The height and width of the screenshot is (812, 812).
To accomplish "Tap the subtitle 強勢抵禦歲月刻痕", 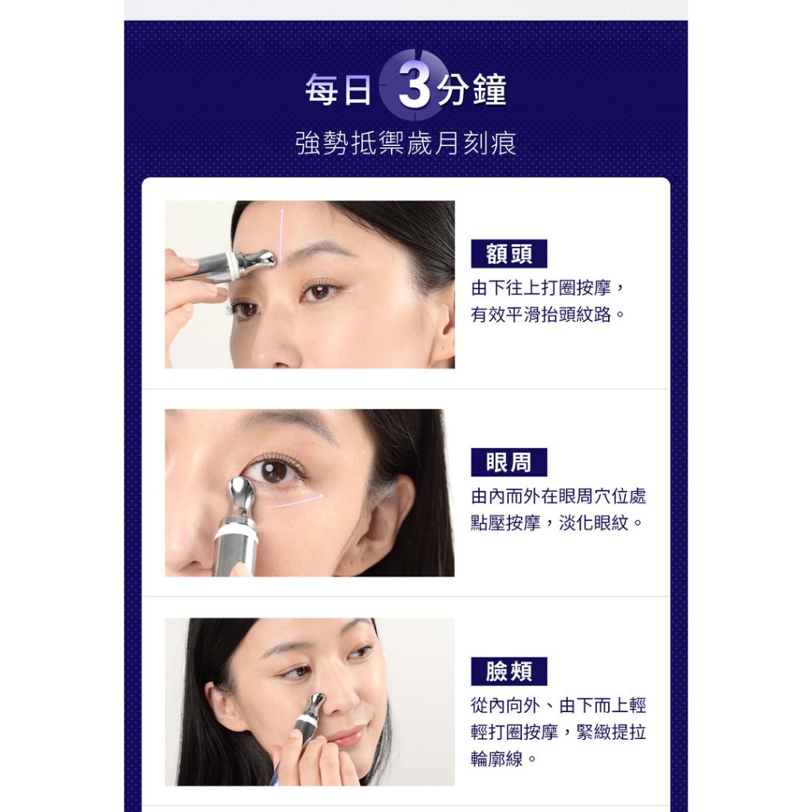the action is coord(405,143).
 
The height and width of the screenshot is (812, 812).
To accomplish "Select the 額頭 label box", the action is coord(508,254).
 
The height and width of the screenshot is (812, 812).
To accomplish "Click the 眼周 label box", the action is coord(508,462).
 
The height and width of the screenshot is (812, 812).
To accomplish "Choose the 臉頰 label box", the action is coord(508,671).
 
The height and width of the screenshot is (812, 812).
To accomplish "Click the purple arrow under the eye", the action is coord(296,501).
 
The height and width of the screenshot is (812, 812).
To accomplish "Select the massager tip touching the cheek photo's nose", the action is coord(315,704).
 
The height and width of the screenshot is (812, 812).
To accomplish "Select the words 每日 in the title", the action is coord(338,90).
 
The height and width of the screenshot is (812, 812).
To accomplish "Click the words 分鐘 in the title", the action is coord(471,90).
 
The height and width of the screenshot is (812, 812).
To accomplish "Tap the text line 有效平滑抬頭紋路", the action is coord(548,314).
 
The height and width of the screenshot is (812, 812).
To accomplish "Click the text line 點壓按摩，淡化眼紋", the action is coord(556,523).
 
